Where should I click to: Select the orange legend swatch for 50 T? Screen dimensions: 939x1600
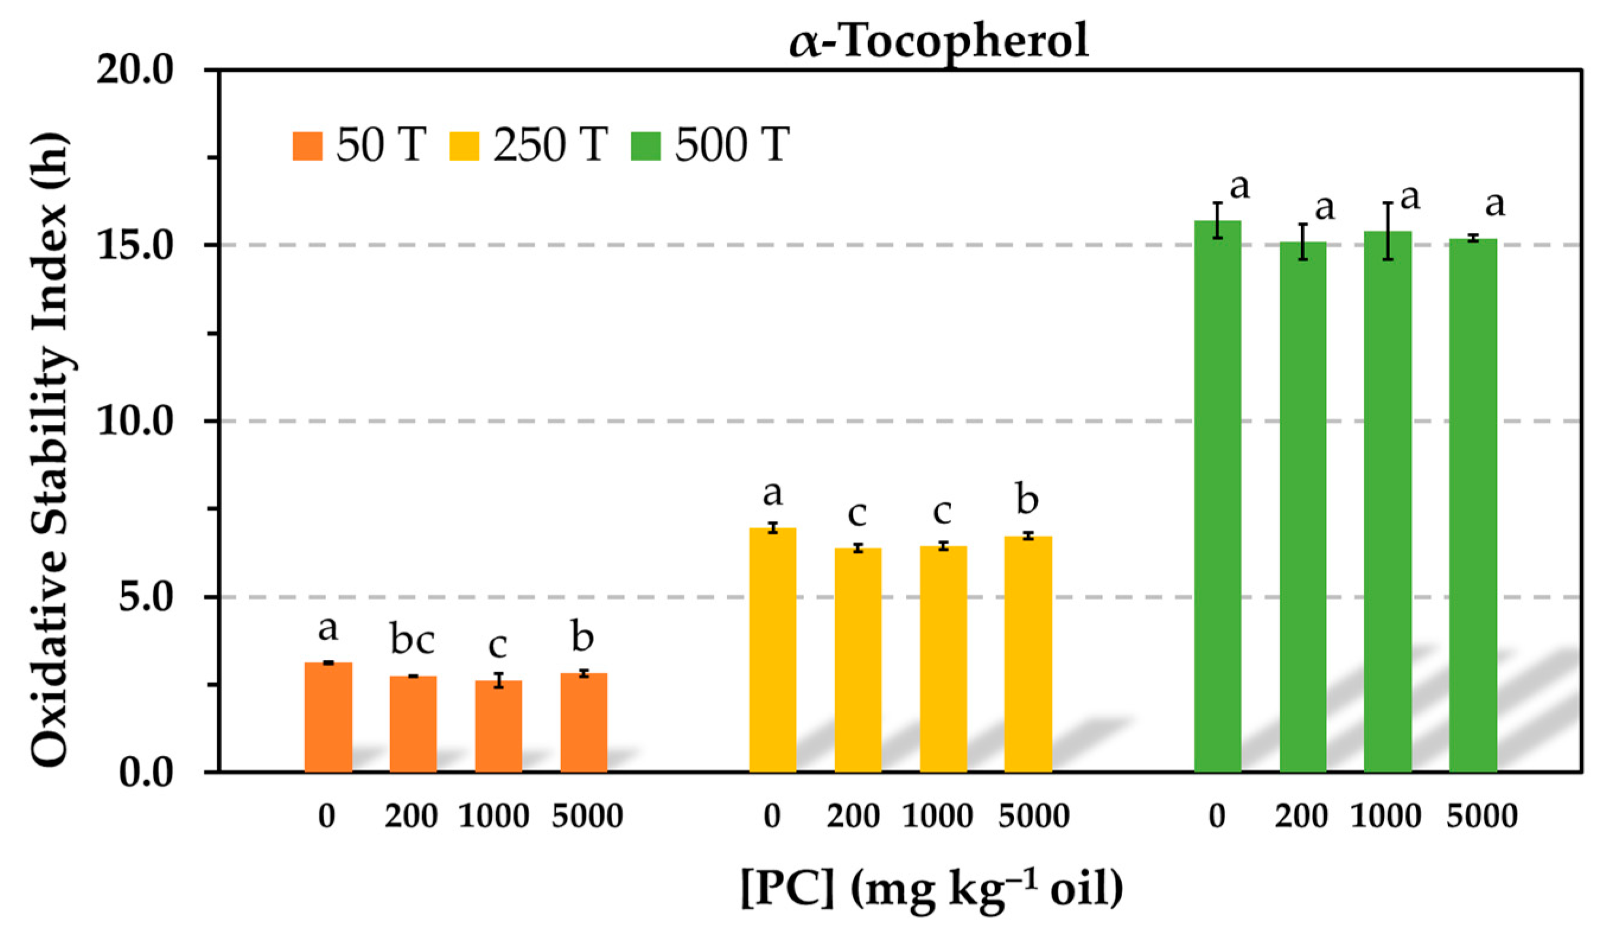307,146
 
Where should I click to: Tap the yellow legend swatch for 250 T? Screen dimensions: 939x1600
464,146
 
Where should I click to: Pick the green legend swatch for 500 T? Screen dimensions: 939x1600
646,146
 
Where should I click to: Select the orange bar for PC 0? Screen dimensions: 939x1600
329,717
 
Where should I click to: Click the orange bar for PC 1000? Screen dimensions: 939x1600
498,727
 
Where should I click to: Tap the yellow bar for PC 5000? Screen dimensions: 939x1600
1028,654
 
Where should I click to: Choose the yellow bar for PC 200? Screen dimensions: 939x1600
858,660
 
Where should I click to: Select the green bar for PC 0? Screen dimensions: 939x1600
1217,495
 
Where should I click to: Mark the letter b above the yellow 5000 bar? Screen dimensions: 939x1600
1027,500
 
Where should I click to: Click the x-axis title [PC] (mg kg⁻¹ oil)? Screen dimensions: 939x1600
932,889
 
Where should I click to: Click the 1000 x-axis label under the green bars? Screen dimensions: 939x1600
1385,816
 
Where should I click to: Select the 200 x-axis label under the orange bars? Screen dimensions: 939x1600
411,816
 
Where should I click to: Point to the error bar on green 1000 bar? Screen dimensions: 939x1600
1388,231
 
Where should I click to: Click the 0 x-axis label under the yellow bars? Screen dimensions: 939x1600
772,816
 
